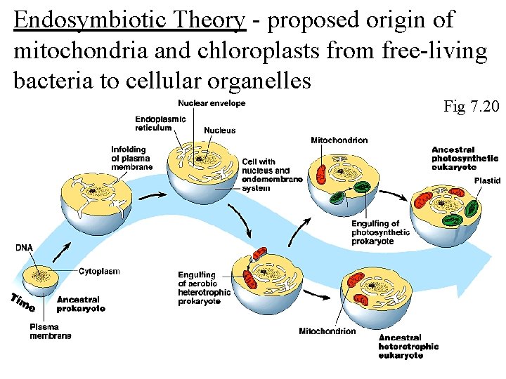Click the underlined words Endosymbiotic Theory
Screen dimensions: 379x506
click(x=129, y=20)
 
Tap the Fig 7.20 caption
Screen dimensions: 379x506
click(x=471, y=107)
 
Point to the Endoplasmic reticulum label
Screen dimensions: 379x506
click(x=160, y=124)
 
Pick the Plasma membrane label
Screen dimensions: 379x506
click(x=50, y=331)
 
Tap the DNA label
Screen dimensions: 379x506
click(x=24, y=247)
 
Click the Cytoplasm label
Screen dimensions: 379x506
click(x=99, y=271)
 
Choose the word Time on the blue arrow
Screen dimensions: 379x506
click(x=22, y=302)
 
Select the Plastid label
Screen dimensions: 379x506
click(x=486, y=180)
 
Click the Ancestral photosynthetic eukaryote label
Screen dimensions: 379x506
click(x=465, y=159)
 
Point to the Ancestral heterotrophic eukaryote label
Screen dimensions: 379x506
click(x=408, y=346)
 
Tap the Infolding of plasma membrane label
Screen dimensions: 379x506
click(x=131, y=158)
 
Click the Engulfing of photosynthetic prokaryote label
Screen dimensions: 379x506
click(x=381, y=232)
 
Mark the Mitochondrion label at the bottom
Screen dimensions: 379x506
click(x=327, y=331)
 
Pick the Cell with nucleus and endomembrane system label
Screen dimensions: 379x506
click(x=271, y=175)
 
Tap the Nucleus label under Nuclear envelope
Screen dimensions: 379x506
click(x=219, y=131)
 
